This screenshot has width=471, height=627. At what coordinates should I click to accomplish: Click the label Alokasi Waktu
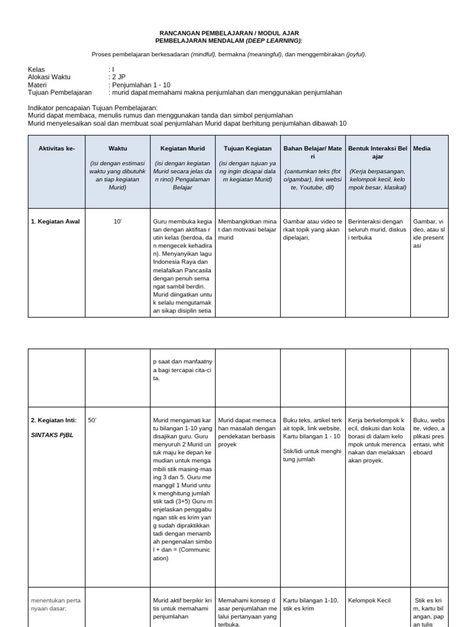pyautogui.click(x=49, y=77)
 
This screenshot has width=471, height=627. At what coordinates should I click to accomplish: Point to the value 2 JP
pyautogui.click(x=118, y=77)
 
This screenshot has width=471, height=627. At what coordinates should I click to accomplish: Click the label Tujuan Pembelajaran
pyautogui.click(x=59, y=92)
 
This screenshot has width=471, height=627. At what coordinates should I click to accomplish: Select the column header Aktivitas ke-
pyautogui.click(x=56, y=149)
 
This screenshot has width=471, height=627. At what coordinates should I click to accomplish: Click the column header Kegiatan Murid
pyautogui.click(x=182, y=149)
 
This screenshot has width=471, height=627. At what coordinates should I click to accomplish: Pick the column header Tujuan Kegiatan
pyautogui.click(x=247, y=149)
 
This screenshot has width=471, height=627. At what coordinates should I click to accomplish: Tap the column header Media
pyautogui.click(x=421, y=149)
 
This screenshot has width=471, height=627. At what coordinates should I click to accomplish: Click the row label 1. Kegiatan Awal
pyautogui.click(x=55, y=221)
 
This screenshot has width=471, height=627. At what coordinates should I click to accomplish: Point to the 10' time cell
pyautogui.click(x=118, y=221)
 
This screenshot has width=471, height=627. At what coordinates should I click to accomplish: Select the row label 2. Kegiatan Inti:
pyautogui.click(x=54, y=420)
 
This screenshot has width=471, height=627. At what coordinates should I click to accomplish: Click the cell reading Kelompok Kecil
pyautogui.click(x=369, y=601)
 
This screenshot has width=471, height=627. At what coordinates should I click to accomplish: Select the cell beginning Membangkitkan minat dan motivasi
pyautogui.click(x=247, y=229)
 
